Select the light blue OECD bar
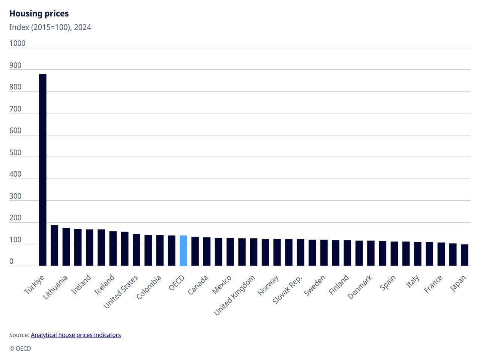point(183,251)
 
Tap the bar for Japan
point(464,255)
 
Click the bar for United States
point(124,249)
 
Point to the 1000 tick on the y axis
point(17,43)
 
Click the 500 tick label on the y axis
point(15,153)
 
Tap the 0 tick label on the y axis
point(11,261)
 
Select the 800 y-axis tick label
point(15,87)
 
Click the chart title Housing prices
point(39,13)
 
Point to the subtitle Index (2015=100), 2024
point(50,27)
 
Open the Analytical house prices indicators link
point(76,335)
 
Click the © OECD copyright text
point(20,348)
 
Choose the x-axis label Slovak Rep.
point(288,289)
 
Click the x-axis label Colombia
point(149,287)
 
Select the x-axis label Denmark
point(360,287)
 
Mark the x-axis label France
point(433,284)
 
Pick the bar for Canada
point(195,251)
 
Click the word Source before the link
point(19,335)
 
